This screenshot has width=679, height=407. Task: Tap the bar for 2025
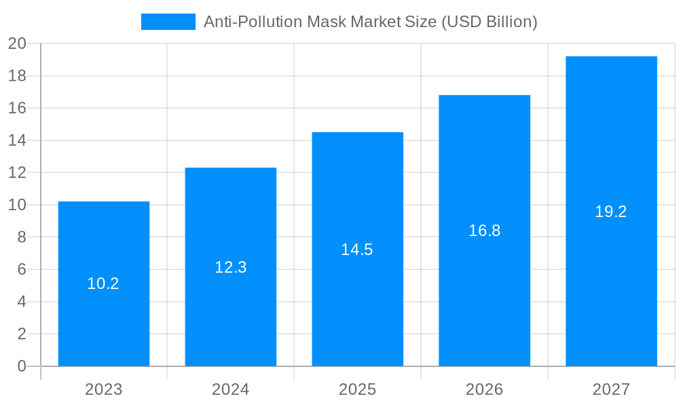click(357, 298)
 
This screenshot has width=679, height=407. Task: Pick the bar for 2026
click(484, 285)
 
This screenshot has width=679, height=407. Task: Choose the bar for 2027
click(611, 271)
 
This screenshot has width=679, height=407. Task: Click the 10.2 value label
click(103, 284)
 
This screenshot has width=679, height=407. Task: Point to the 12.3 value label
click(230, 267)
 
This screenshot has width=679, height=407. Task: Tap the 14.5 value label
click(357, 250)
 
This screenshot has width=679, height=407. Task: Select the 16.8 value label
click(484, 231)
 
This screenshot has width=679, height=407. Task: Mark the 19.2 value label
click(611, 212)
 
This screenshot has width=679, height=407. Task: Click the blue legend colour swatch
click(168, 22)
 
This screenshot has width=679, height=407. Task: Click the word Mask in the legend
click(326, 22)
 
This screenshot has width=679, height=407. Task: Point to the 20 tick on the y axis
click(17, 43)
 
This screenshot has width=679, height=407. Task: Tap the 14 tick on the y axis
click(17, 140)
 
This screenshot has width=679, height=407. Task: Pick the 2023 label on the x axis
click(103, 389)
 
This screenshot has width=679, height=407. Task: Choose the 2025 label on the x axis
click(357, 389)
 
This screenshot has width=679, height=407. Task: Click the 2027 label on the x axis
click(611, 389)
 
